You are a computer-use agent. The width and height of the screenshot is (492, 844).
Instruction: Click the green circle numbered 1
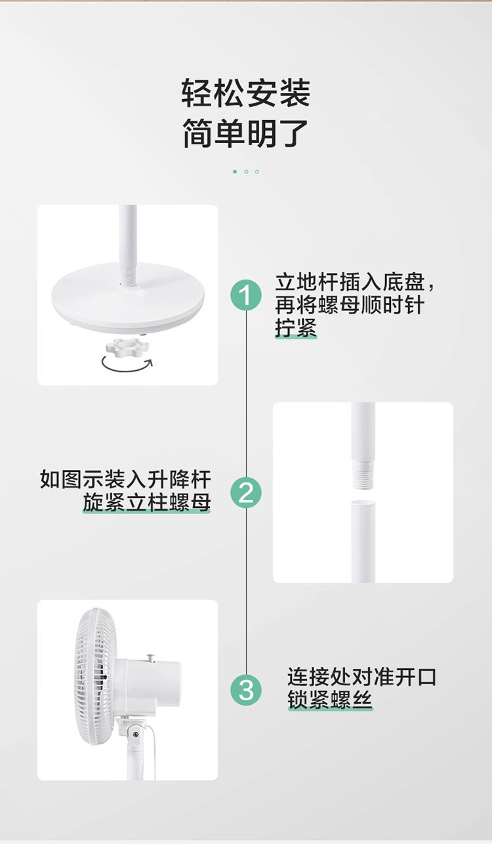tap(246, 295)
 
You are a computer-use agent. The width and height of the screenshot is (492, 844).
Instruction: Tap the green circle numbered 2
tap(246, 492)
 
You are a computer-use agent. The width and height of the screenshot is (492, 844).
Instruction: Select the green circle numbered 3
tap(246, 690)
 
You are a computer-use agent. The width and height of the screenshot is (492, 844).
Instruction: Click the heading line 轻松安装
tap(245, 93)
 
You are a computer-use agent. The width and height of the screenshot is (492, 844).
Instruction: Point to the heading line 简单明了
tap(245, 133)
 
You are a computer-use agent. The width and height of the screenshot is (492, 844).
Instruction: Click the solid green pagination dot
tap(235, 172)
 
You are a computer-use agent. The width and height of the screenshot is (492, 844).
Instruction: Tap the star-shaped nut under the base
tap(127, 347)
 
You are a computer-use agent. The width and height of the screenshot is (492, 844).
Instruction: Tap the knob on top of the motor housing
tap(151, 657)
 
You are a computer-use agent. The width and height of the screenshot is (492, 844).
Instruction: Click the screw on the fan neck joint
tap(135, 734)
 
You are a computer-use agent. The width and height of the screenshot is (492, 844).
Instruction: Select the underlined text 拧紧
tap(296, 327)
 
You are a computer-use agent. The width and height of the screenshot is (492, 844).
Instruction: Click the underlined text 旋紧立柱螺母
tap(146, 503)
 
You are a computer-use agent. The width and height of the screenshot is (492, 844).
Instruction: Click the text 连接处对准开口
tap(361, 677)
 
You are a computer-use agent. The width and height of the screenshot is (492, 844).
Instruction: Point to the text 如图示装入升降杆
tap(125, 479)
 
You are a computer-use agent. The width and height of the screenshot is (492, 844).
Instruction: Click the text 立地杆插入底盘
tap(350, 282)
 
